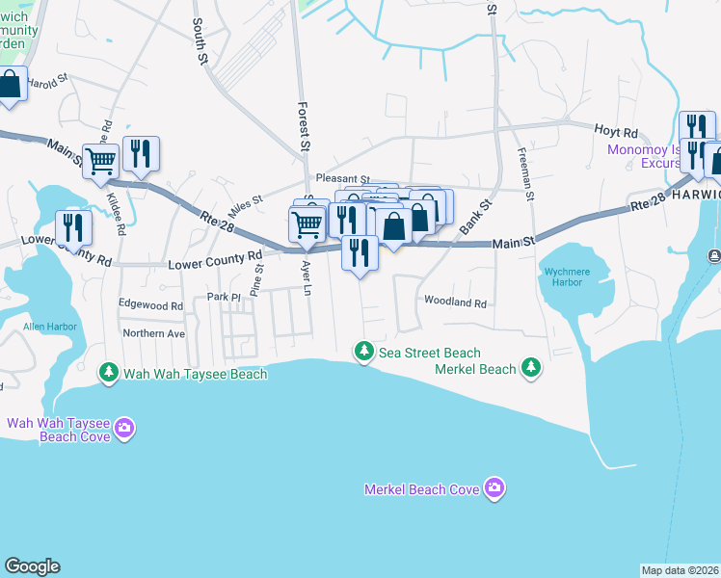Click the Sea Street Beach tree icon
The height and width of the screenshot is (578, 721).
363,353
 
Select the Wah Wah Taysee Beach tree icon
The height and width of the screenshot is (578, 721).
109,373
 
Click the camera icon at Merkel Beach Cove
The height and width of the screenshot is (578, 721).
494,489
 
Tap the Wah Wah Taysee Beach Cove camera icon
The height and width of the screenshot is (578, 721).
123,428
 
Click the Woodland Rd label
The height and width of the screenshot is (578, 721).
456,302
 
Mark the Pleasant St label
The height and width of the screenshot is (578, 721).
343,179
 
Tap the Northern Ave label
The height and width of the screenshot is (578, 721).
153,332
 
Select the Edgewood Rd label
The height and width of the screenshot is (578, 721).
150,305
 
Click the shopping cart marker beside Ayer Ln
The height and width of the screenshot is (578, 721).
307,223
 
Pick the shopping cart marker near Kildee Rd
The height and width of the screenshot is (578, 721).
100,161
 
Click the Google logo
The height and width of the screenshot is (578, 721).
32,566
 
